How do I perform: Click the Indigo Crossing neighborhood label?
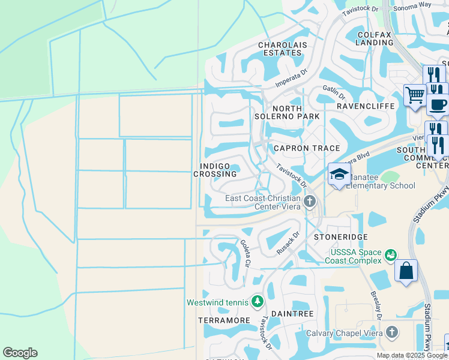pyautogui.click(x=215, y=169)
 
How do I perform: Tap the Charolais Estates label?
pyautogui.click(x=280, y=49)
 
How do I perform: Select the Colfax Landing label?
pyautogui.click(x=374, y=38)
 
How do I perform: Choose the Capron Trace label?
pyautogui.click(x=307, y=148)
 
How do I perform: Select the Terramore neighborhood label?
pyautogui.click(x=224, y=320)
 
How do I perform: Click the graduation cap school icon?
pyautogui.click(x=339, y=175)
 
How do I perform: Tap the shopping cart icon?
pyautogui.click(x=414, y=95)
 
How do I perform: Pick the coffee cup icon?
pyautogui.click(x=438, y=104)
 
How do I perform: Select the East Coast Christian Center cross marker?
pyautogui.click(x=310, y=201)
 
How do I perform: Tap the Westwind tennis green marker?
pyautogui.click(x=258, y=300)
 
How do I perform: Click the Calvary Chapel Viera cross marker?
pyautogui.click(x=392, y=331)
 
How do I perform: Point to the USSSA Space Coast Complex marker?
pyautogui.click(x=391, y=256)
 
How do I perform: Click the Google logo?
pyautogui.click(x=20, y=353)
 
